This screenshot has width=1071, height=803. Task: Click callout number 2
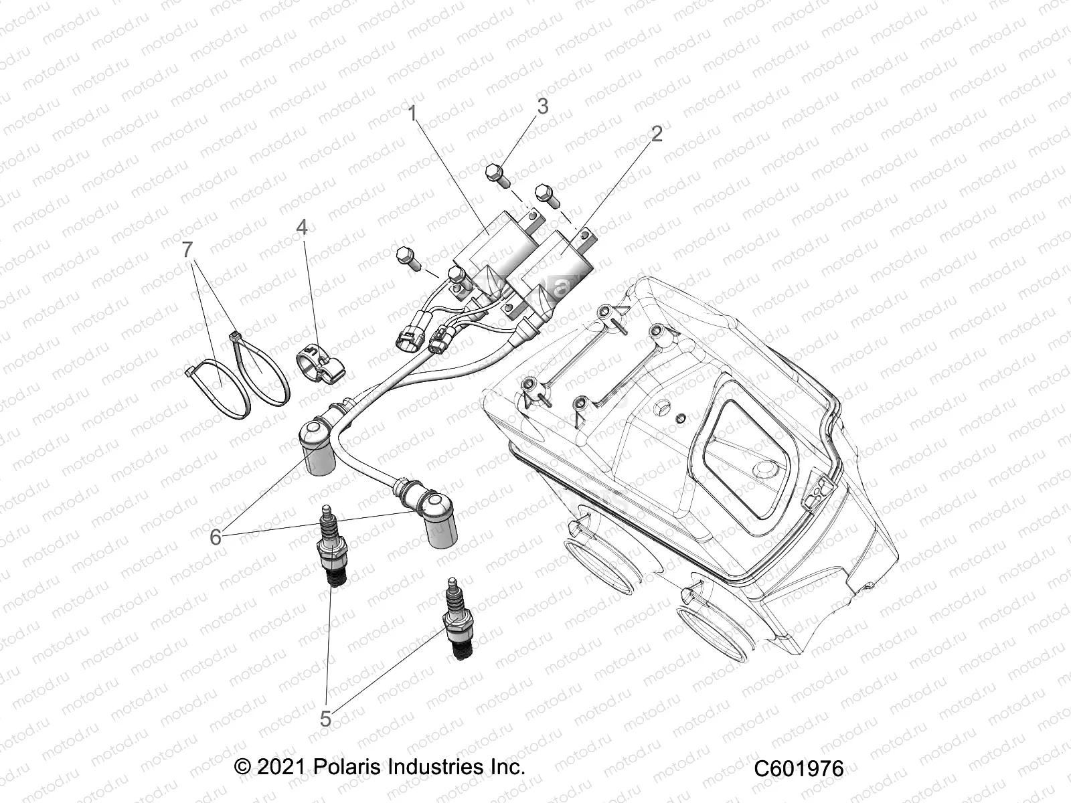[656, 134]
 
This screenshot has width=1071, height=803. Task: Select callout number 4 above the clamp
[302, 228]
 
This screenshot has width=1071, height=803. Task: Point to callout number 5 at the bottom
[325, 719]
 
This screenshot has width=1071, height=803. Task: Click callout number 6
[216, 537]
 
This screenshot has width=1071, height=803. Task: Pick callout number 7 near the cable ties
[187, 250]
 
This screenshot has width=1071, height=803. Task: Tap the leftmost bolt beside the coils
[405, 256]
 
